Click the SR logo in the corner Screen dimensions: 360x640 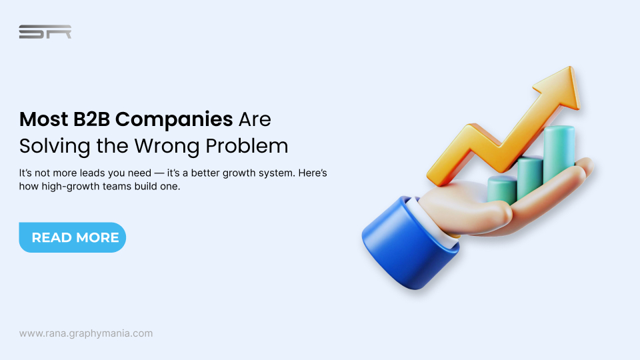45,32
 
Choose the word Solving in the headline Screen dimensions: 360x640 49,145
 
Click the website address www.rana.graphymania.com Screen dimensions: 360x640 86,333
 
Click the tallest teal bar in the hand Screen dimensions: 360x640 558,157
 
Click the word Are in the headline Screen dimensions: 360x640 255,120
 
